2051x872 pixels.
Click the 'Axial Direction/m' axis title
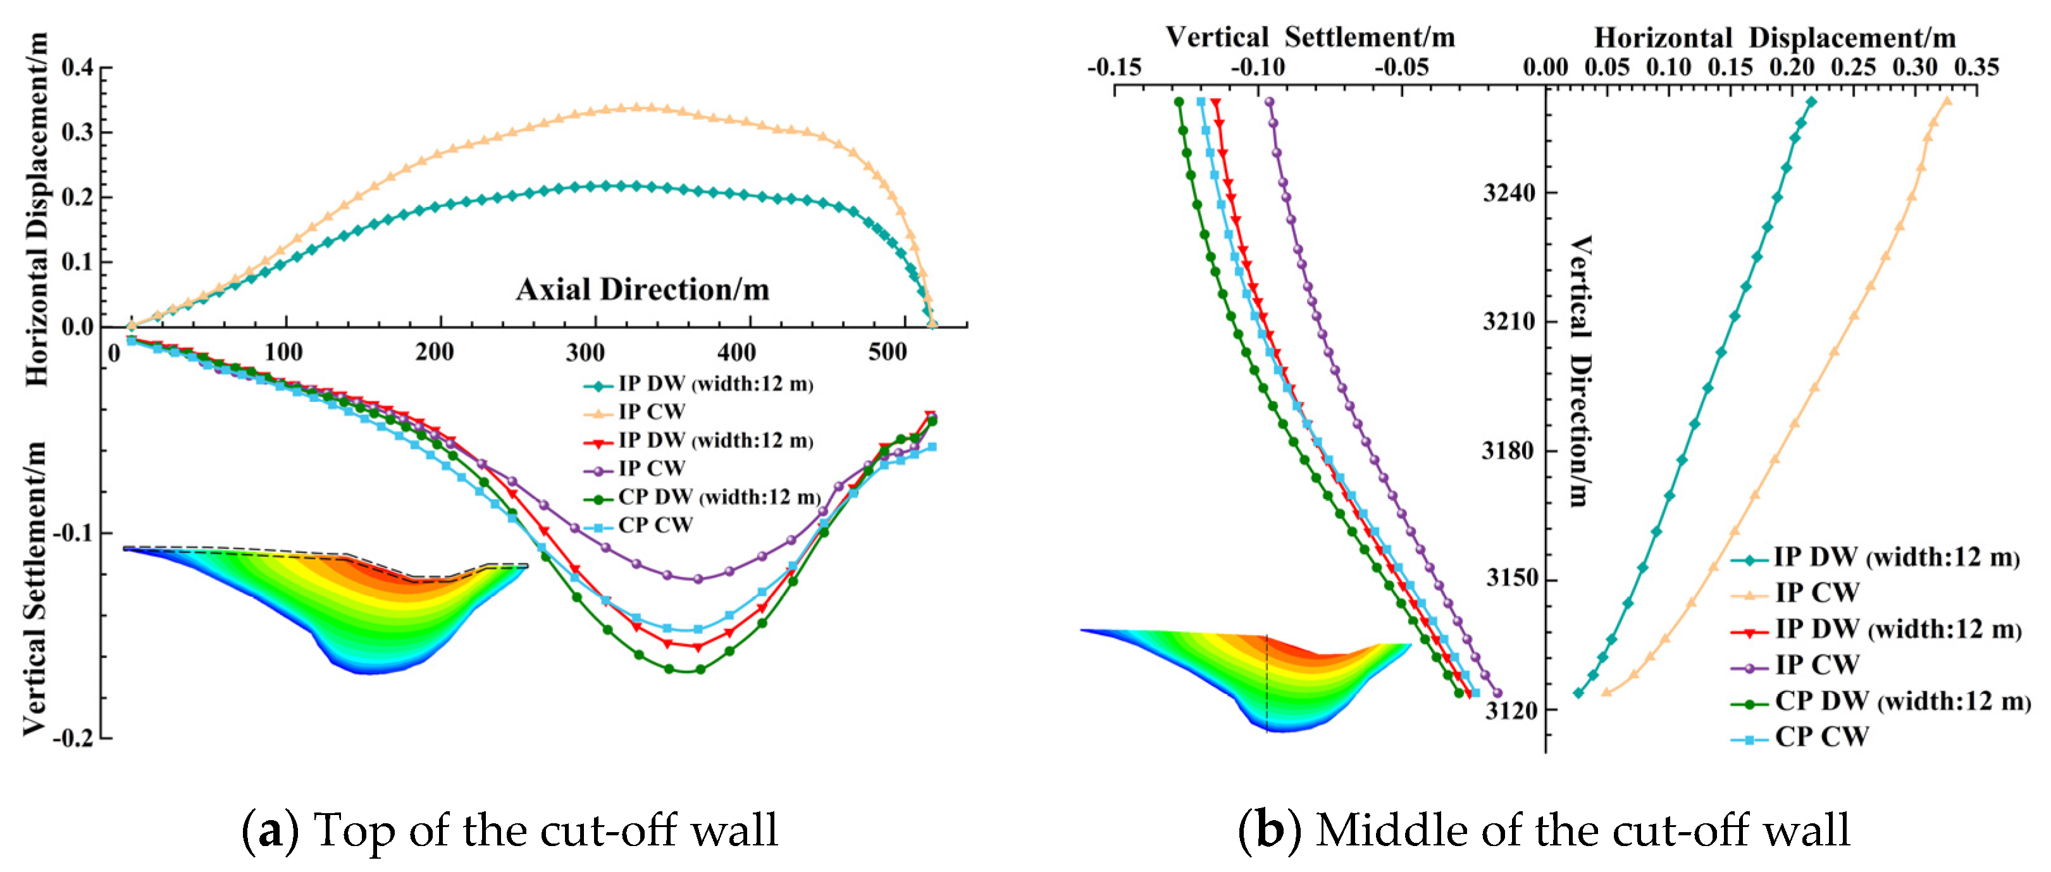[x=643, y=290]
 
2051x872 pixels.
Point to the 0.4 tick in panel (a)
[x=77, y=67]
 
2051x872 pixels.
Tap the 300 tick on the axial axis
[x=585, y=352]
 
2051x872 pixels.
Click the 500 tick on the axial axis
[x=887, y=352]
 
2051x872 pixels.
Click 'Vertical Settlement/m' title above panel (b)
[x=1310, y=37]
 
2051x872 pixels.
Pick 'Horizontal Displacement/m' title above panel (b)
[x=1774, y=37]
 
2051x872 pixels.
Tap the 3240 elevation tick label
[x=1509, y=193]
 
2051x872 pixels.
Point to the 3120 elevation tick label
[x=1510, y=709]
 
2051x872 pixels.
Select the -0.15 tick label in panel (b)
[x=1114, y=68]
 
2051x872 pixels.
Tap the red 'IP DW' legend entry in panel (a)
[x=715, y=440]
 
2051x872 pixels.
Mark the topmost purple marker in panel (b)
[x=1269, y=102]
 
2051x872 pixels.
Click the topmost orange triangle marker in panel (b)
[x=1947, y=101]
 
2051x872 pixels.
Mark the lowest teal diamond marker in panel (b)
[x=1578, y=693]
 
